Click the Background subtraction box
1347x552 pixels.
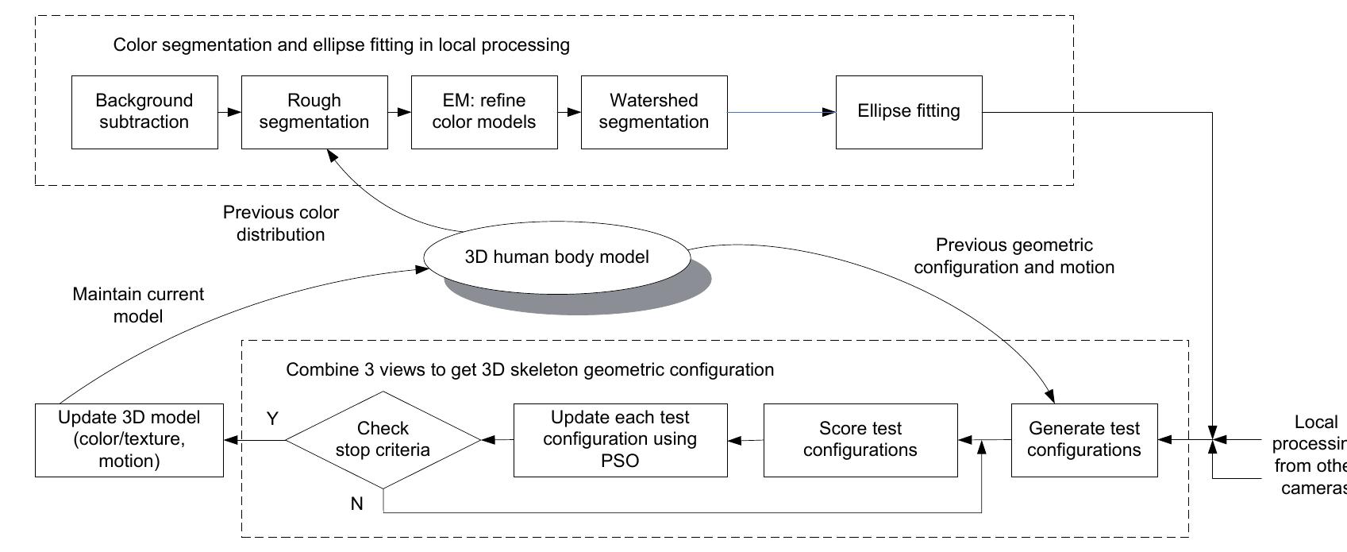click(x=144, y=112)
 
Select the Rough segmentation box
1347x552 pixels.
click(x=314, y=112)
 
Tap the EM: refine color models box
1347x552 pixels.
click(x=484, y=112)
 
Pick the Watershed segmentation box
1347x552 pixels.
click(x=654, y=112)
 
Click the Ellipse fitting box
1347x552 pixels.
click(x=909, y=112)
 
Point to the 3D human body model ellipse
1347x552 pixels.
click(x=556, y=257)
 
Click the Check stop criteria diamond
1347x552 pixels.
click(x=383, y=439)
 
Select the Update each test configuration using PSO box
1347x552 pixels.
click(x=620, y=439)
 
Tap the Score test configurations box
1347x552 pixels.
click(x=860, y=439)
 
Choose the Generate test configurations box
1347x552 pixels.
click(x=1084, y=439)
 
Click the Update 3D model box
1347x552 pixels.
click(x=129, y=439)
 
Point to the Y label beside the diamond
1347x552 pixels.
click(x=272, y=419)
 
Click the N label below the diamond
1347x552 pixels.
click(x=356, y=503)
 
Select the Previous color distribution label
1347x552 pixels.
click(x=281, y=223)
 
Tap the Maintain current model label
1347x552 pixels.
click(x=138, y=305)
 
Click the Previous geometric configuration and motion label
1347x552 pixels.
click(x=1014, y=256)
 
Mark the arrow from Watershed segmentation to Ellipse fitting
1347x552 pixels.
click(x=781, y=112)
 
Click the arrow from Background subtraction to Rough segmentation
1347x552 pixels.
click(x=229, y=112)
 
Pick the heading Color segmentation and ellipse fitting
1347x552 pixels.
click(x=341, y=44)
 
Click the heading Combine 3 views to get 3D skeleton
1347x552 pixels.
click(x=529, y=369)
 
